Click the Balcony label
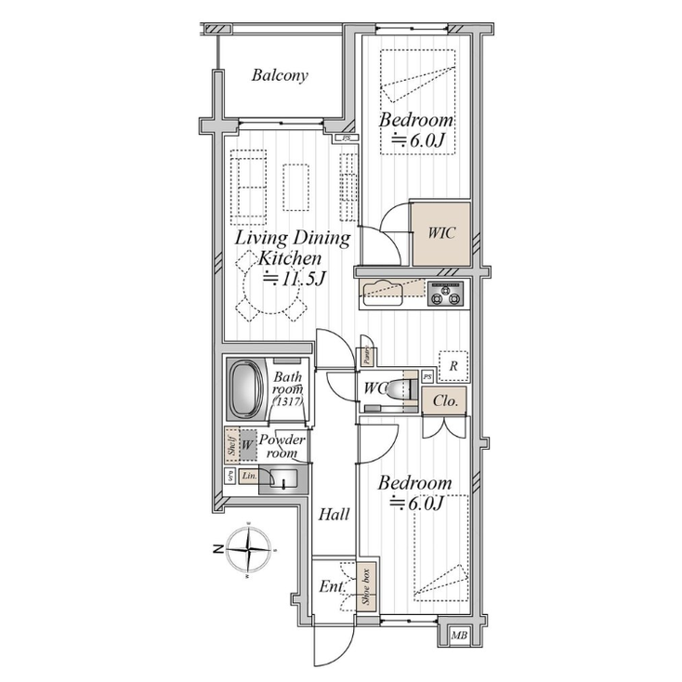pos(280,75)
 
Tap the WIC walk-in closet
pos(440,233)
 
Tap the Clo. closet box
pos(443,402)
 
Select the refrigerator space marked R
pos(452,366)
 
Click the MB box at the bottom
pos(458,636)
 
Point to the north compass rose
pos(253,549)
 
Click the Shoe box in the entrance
pos(367,586)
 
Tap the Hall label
pos(334,514)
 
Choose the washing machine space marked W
pos(247,446)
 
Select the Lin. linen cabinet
pos(248,476)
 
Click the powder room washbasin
pos(282,480)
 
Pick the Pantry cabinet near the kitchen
pos(367,351)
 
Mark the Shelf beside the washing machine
pos(230,444)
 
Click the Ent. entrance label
pos(332,587)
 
